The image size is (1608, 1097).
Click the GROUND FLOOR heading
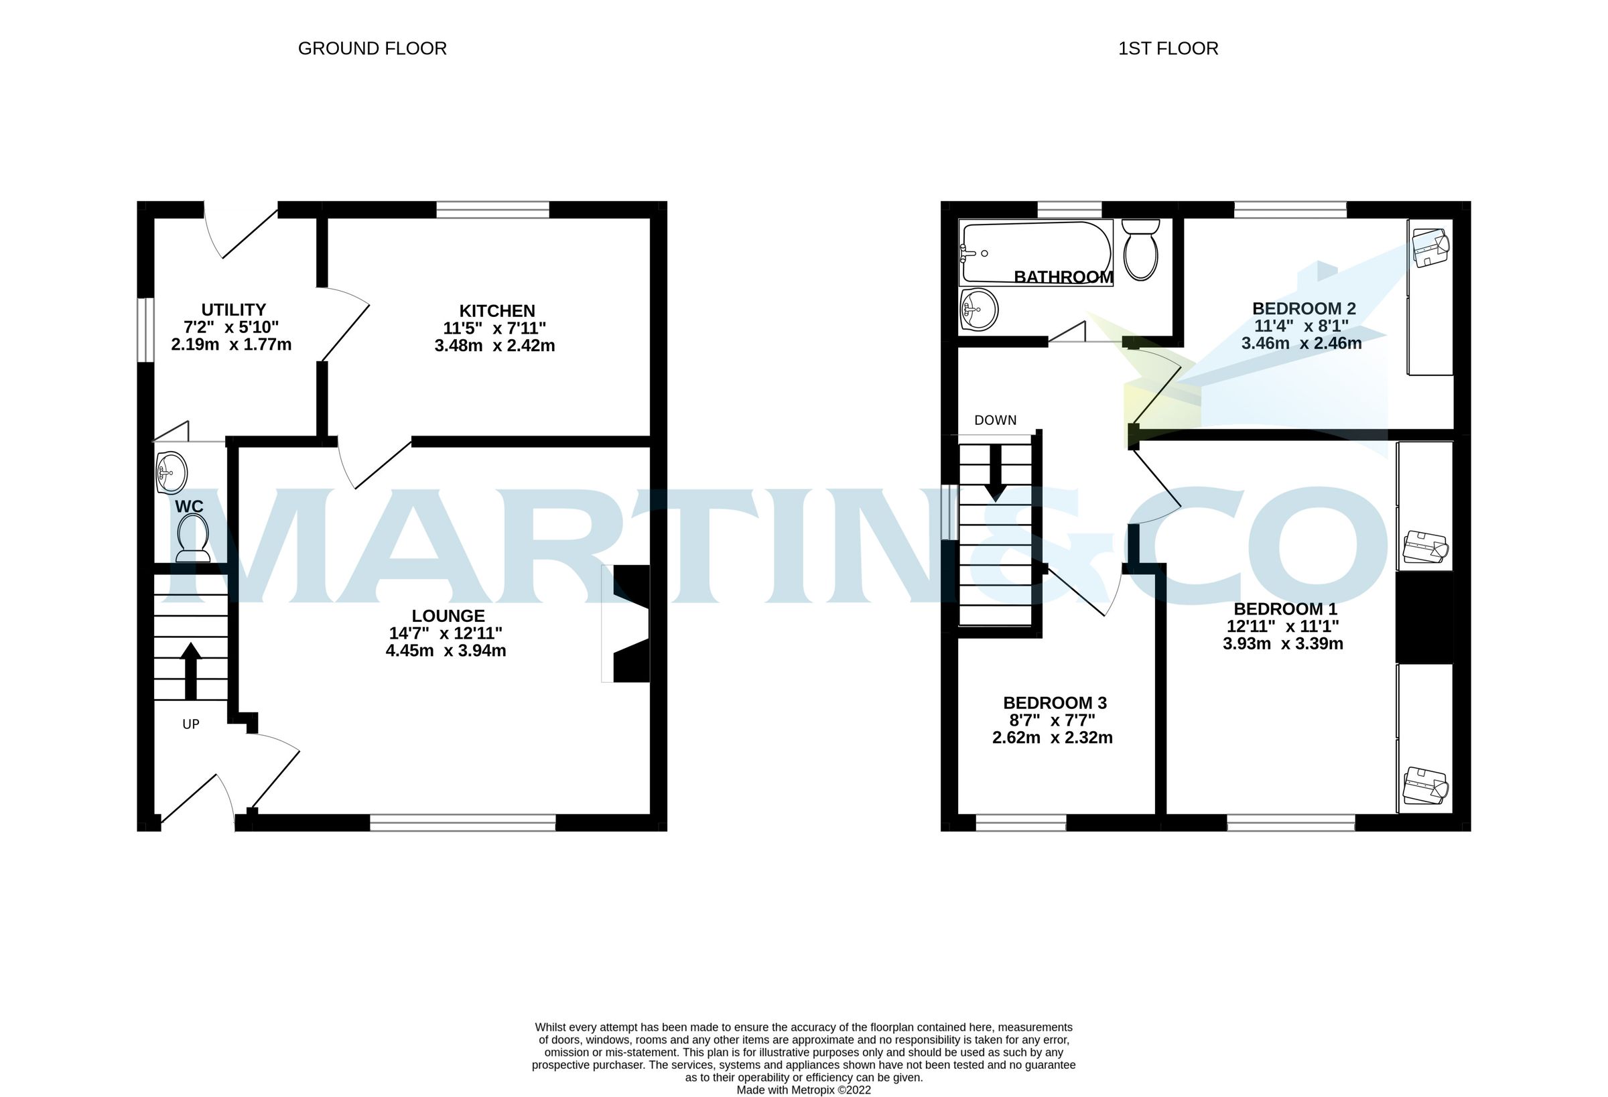coord(372,48)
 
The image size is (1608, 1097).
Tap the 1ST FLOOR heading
coord(1167,48)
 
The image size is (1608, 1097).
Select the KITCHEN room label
coord(496,311)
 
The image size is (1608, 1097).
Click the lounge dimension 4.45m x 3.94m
coord(446,651)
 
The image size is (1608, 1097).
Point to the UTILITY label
coord(233,310)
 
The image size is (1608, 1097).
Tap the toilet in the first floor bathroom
coord(1140,251)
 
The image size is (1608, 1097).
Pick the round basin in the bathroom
coord(979,310)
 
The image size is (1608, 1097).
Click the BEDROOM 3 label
coord(1055,702)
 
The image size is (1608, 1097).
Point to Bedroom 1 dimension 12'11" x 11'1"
coord(1283,627)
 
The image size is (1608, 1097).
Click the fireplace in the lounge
coord(628,624)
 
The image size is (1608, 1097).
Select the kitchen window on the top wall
coord(492,209)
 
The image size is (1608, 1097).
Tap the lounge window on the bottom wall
coord(462,822)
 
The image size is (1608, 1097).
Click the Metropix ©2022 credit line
coord(803,1090)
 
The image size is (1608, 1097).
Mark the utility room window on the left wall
coord(145,330)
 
